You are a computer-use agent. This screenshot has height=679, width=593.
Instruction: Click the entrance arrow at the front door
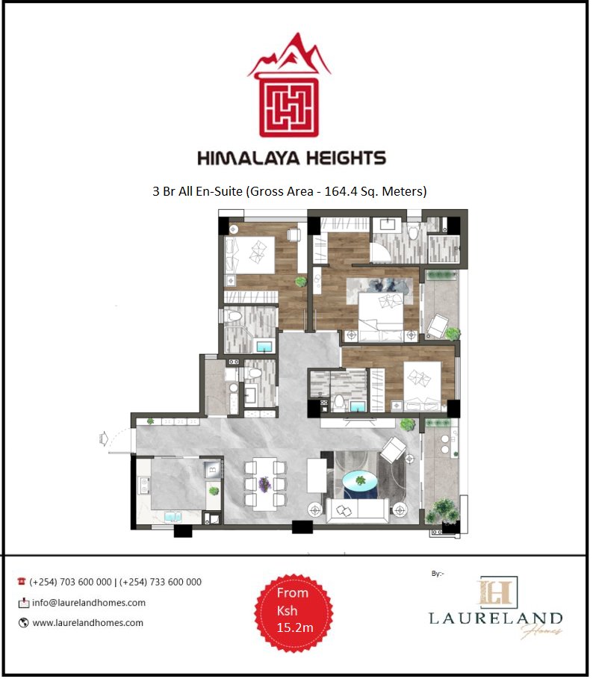click(x=105, y=438)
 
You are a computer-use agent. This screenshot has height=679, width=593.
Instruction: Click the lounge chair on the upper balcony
click(x=439, y=323)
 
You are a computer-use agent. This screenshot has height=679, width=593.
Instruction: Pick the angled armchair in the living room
click(x=394, y=450)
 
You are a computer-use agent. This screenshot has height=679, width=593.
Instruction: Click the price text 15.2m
click(x=294, y=627)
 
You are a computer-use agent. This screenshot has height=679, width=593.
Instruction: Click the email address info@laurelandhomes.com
click(x=88, y=603)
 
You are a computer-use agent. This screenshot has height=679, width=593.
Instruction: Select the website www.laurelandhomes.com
click(x=87, y=622)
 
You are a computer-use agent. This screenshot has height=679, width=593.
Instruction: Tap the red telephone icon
click(x=22, y=582)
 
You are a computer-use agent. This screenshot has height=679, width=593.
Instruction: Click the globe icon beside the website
click(x=23, y=622)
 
